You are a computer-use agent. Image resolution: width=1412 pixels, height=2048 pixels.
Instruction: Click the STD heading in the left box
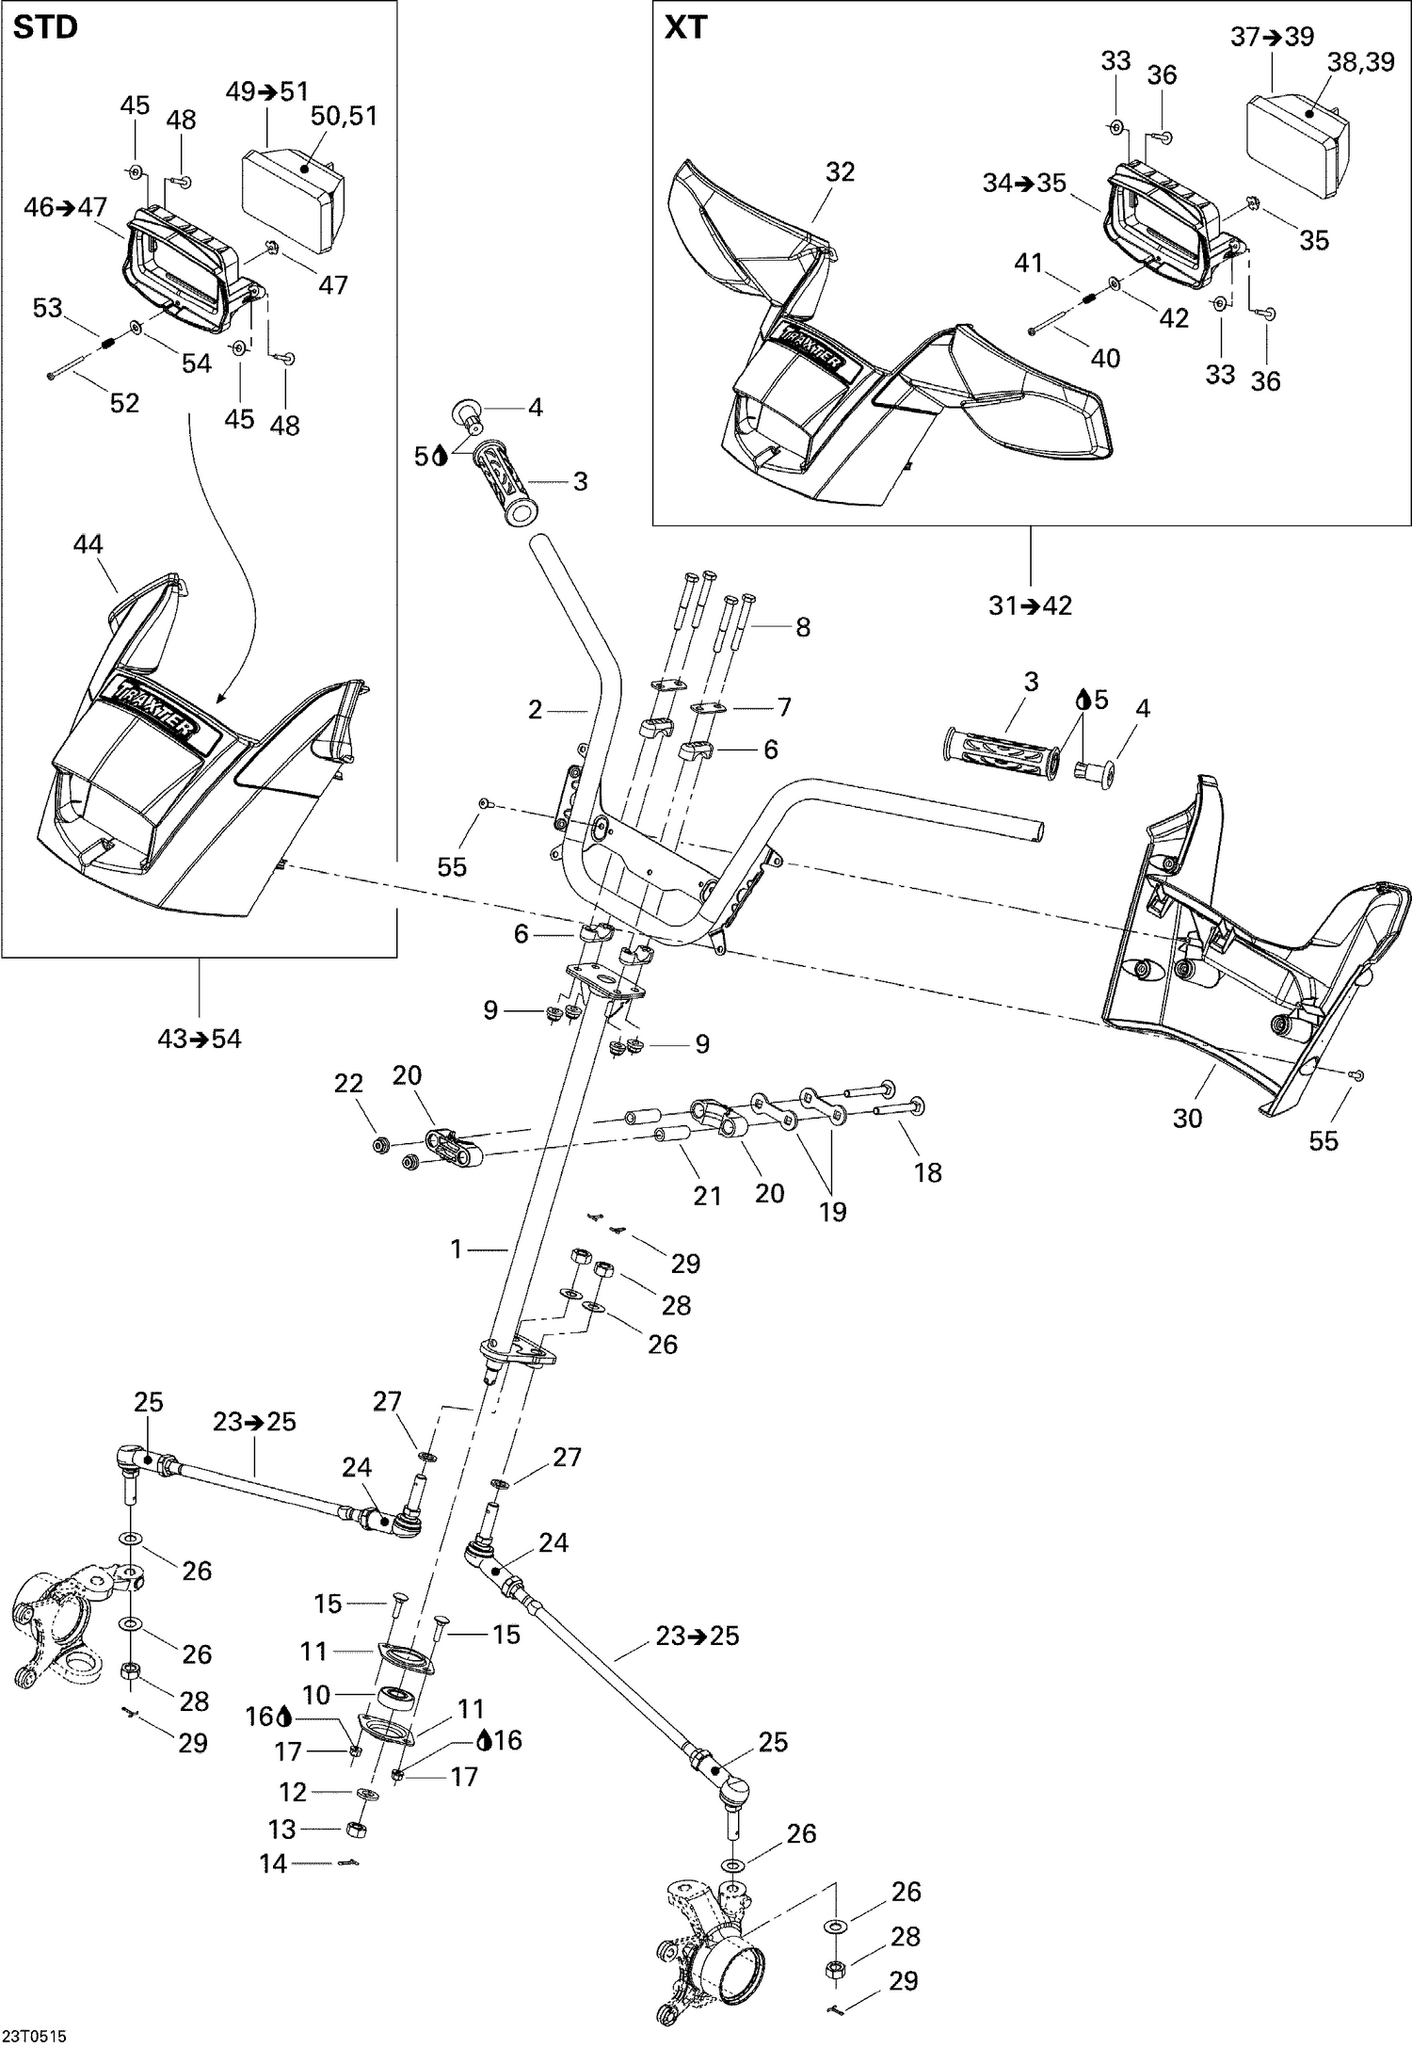point(45,28)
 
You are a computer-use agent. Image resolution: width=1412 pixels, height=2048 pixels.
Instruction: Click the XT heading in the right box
point(685,28)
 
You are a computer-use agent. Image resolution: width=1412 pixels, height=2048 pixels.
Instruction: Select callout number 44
point(88,544)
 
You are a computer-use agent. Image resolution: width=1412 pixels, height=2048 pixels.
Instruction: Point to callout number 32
point(840,171)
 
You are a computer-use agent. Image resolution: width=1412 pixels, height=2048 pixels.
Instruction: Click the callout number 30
point(1187,1118)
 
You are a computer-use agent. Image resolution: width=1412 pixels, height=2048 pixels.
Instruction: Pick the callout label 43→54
point(200,1039)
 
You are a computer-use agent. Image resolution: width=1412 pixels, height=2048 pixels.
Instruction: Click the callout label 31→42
point(1030,605)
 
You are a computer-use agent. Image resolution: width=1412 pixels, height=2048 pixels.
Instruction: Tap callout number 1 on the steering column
point(457,1249)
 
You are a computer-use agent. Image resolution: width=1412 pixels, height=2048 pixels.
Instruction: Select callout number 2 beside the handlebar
point(535,709)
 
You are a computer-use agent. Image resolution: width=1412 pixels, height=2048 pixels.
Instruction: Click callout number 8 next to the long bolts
point(803,627)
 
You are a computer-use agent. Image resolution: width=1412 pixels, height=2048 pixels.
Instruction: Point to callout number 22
point(348,1084)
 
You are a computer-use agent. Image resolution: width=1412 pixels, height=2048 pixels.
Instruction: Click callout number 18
point(928,1172)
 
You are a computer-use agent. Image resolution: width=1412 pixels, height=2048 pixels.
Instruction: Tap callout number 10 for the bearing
point(316,1695)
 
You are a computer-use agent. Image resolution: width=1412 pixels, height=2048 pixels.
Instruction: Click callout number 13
point(282,1829)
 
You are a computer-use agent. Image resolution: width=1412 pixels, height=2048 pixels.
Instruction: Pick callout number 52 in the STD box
point(124,403)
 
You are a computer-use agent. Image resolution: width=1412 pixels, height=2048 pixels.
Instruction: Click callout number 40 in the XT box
point(1105,358)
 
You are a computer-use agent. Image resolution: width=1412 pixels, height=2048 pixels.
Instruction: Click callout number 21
point(707,1195)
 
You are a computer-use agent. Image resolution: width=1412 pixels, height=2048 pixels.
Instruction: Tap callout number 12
point(293,1792)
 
